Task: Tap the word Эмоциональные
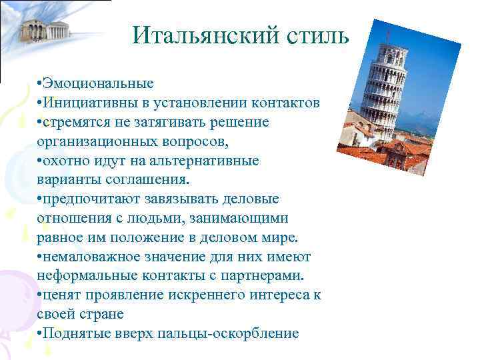[99, 84]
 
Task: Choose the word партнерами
[265, 276]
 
